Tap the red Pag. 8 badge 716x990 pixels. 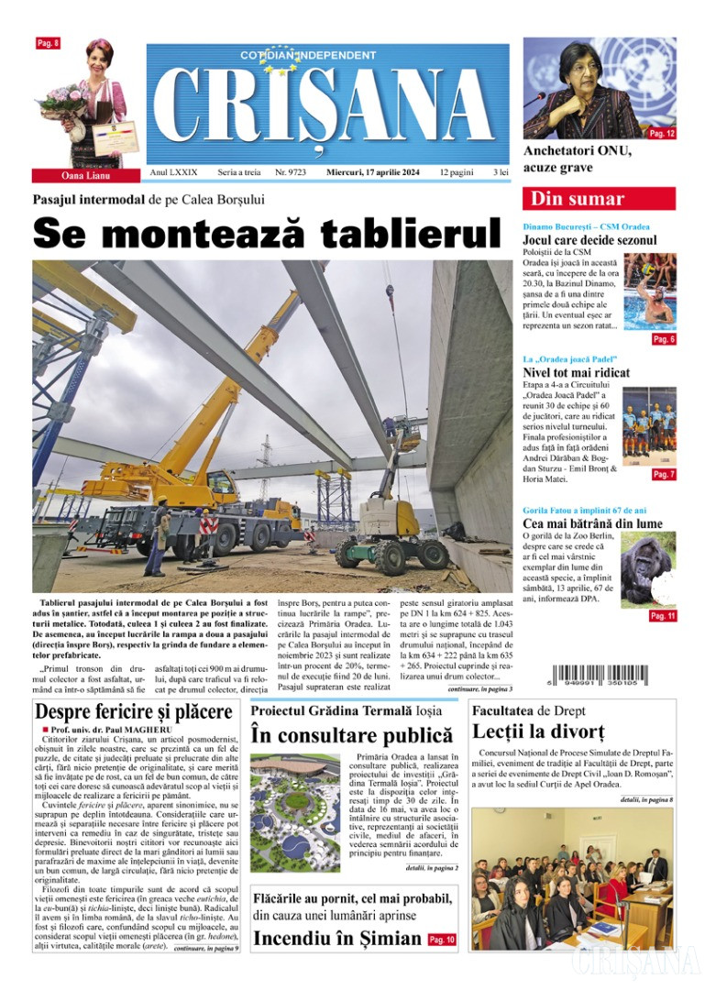pos(48,43)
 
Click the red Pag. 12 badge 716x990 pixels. pos(661,133)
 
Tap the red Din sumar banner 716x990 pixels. pos(599,199)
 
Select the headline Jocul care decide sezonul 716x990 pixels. pos(589,240)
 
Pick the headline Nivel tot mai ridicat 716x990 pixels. pos(576,373)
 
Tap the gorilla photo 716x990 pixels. pos(648,568)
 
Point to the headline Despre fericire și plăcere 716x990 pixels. pos(133,711)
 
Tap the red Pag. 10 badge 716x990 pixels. pos(442,940)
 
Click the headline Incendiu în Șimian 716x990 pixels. pos(337,939)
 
